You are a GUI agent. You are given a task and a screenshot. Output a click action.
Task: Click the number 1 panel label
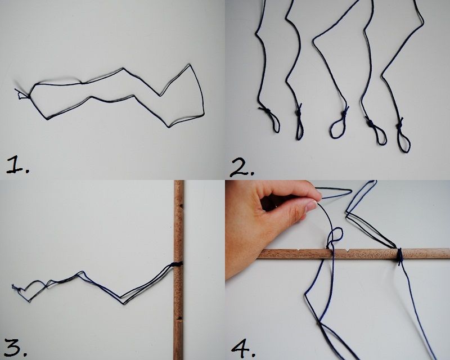17,165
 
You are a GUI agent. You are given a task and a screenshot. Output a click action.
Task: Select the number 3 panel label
16,347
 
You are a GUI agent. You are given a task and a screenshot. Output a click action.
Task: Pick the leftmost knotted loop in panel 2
272,119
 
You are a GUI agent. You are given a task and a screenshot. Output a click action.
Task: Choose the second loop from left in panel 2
299,123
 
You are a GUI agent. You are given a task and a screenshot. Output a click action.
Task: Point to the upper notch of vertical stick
181,206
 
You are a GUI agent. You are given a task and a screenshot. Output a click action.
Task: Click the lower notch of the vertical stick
180,318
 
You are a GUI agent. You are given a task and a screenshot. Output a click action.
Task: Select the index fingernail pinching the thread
311,206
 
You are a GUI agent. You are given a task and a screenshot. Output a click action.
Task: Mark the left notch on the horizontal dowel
299,250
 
